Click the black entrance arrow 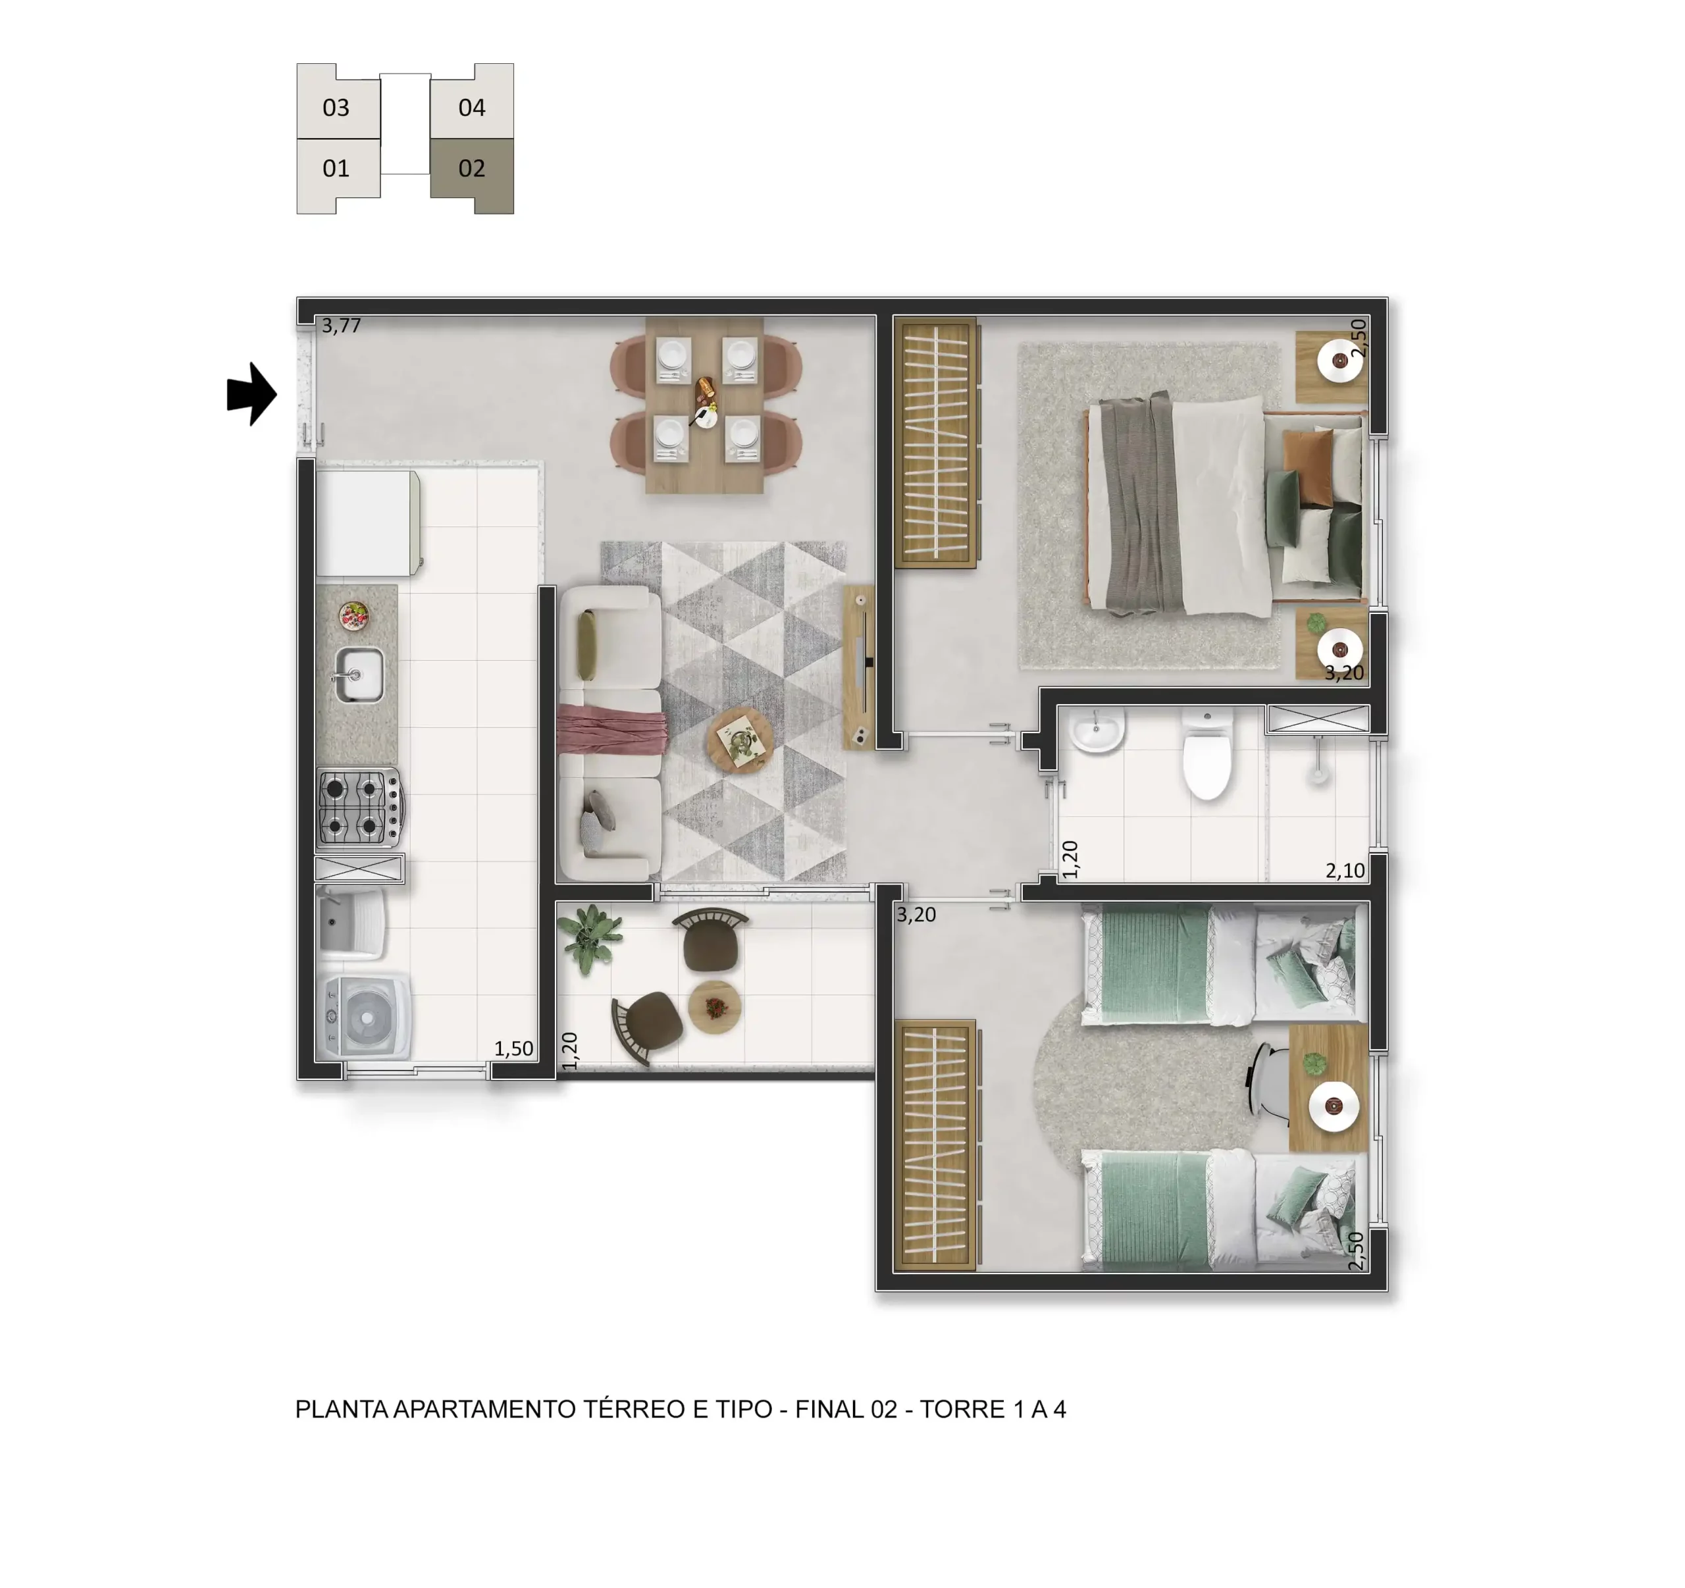[251, 394]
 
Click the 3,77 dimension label [342, 325]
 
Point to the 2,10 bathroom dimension [1345, 870]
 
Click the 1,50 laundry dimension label [513, 1048]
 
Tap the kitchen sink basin [359, 675]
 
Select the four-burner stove [360, 807]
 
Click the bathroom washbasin [1097, 730]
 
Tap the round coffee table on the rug [740, 740]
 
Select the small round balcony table [715, 1007]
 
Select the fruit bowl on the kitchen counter [353, 615]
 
